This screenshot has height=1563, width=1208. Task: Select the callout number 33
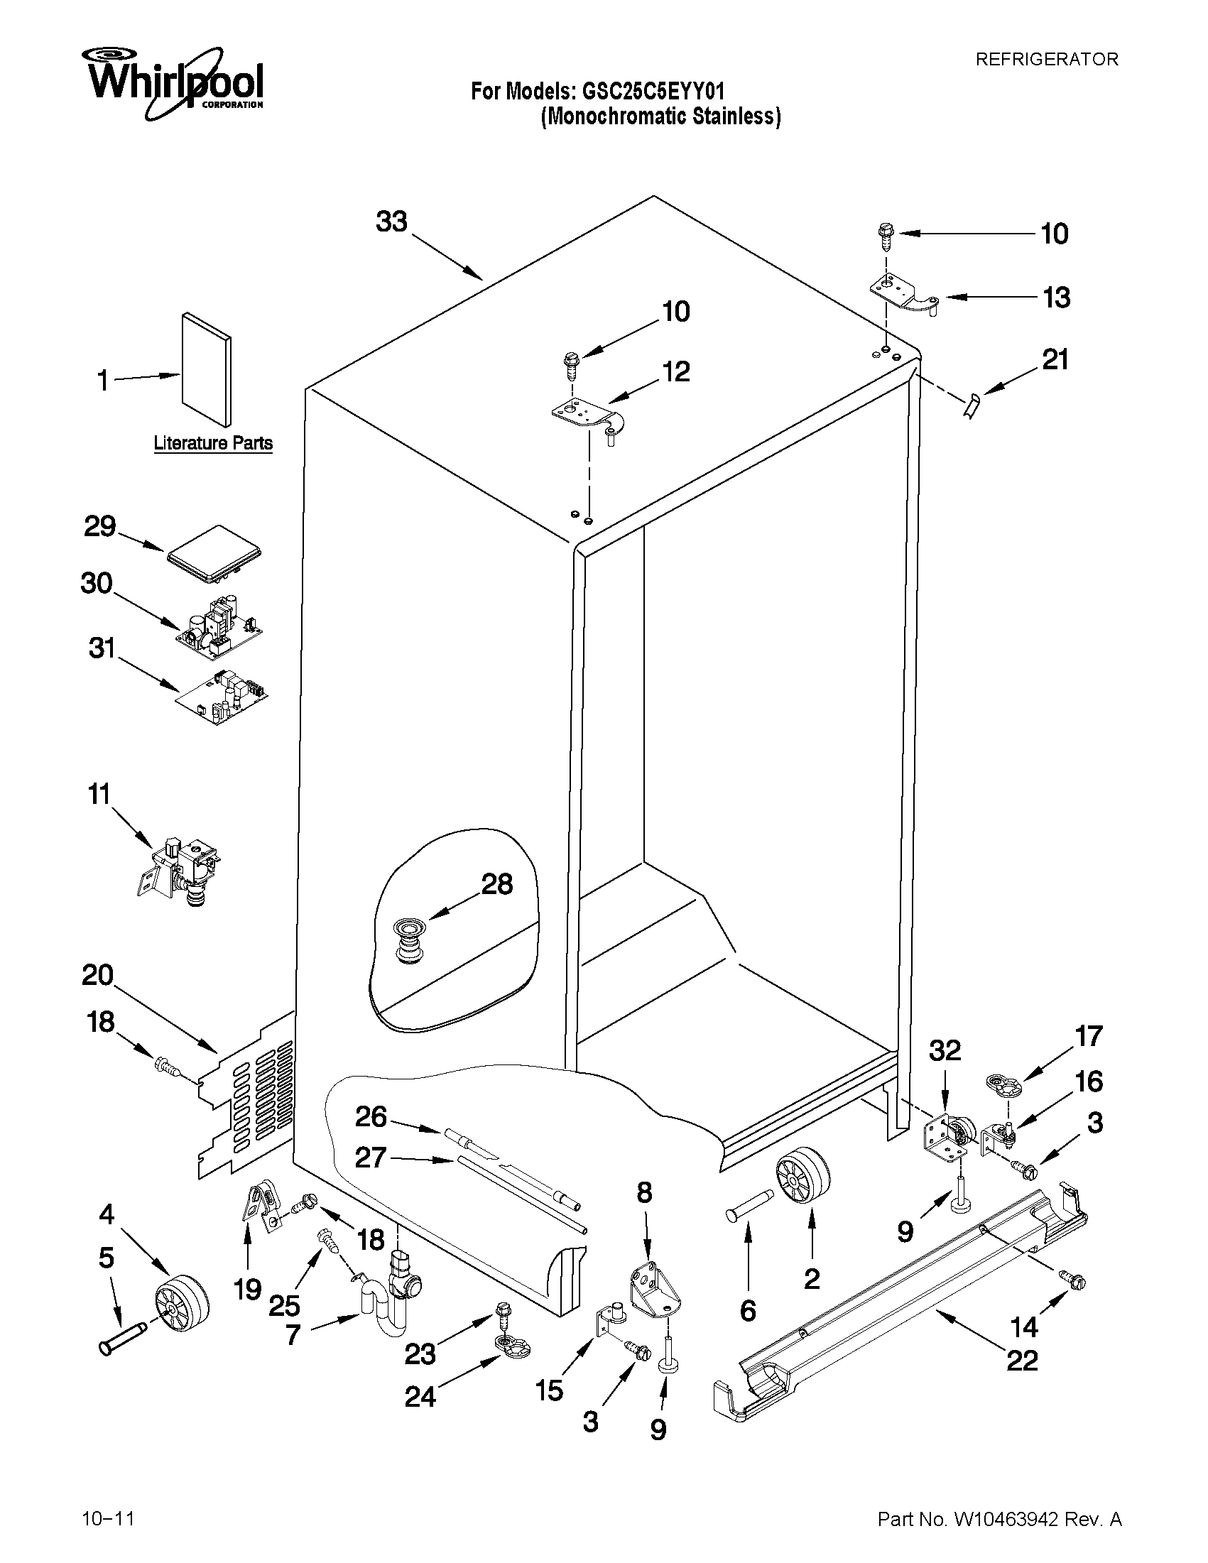(391, 222)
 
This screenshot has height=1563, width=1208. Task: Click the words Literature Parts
(213, 443)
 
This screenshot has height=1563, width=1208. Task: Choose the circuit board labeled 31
(223, 695)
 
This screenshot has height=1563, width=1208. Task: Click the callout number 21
(1055, 359)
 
